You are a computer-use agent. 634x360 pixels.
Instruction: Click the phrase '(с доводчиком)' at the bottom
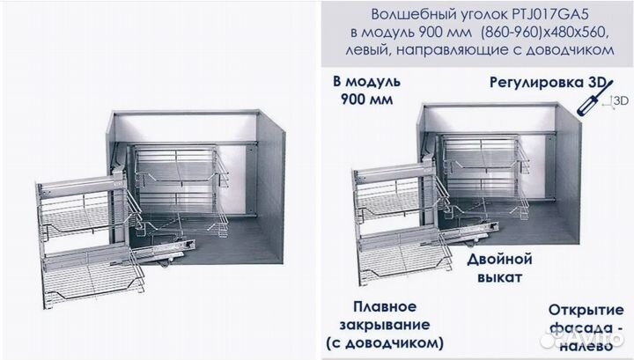tap(385, 341)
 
